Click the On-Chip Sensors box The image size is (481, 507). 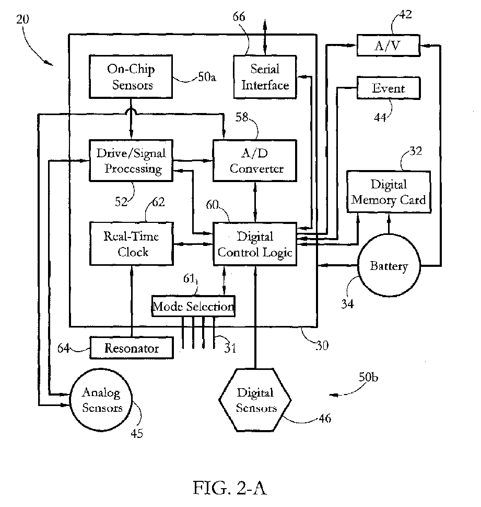pos(131,77)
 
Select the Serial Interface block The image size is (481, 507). pos(265,77)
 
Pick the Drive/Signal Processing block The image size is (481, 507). pos(131,161)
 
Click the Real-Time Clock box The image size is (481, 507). pos(132,244)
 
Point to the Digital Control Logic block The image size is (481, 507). pos(255,244)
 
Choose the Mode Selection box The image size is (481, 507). pos(193,306)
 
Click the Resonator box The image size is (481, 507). pos(131,347)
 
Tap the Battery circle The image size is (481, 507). pos(389,266)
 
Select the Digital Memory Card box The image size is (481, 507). pos(389,191)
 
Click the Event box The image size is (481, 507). pos(388,88)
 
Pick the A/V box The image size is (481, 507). pos(388,46)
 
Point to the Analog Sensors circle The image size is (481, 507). pos(101,400)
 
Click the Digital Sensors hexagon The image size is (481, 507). pos(255,400)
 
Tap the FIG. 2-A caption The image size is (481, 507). pos(230,488)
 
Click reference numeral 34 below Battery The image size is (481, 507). pos(348,303)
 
